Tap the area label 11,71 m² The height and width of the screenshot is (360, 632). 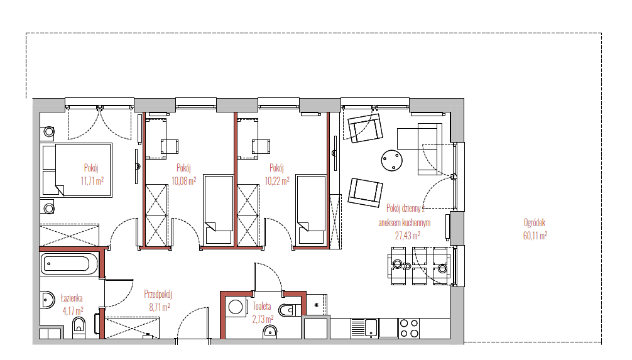[x=92, y=180]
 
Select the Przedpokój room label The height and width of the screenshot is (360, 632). [x=158, y=294]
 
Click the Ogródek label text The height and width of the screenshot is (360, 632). [x=535, y=222]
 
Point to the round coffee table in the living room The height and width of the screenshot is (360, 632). [x=392, y=160]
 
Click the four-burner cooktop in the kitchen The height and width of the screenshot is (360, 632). [x=409, y=328]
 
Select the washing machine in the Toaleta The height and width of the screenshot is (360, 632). [x=236, y=307]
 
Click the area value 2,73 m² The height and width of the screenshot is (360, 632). [x=263, y=319]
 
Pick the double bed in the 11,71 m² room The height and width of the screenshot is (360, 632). [x=77, y=170]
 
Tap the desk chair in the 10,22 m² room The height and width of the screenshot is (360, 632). [x=261, y=146]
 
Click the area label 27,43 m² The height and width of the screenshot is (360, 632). [x=408, y=235]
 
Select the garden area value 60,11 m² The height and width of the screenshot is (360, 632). [x=535, y=235]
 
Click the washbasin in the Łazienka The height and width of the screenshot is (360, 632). [x=48, y=300]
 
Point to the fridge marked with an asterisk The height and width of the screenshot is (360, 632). [x=317, y=305]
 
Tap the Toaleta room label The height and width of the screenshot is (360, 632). [x=261, y=306]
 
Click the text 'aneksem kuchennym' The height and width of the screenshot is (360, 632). [x=405, y=222]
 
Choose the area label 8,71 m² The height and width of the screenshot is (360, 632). [x=160, y=307]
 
